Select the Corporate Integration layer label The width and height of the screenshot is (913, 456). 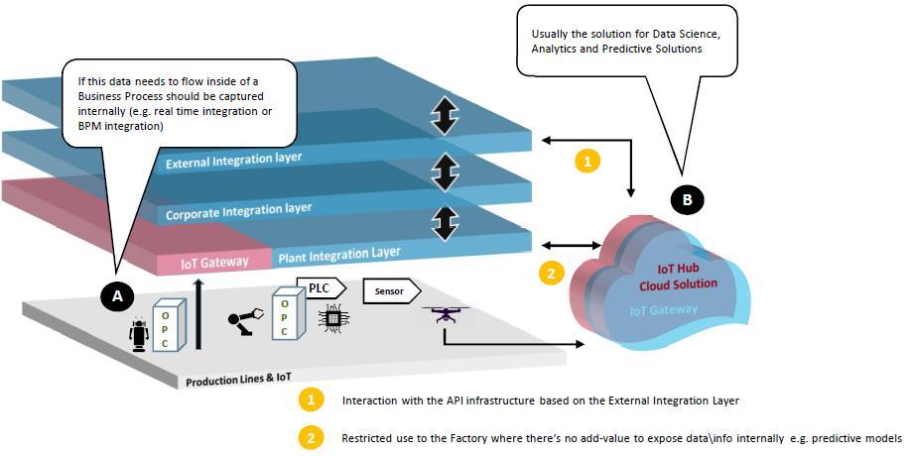click(238, 210)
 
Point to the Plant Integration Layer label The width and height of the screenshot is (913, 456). click(338, 257)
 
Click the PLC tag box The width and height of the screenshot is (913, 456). click(324, 288)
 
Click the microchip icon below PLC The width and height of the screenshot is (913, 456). click(331, 319)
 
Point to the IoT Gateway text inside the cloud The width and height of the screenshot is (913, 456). click(664, 311)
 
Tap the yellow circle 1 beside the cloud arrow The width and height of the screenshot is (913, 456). click(588, 161)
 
